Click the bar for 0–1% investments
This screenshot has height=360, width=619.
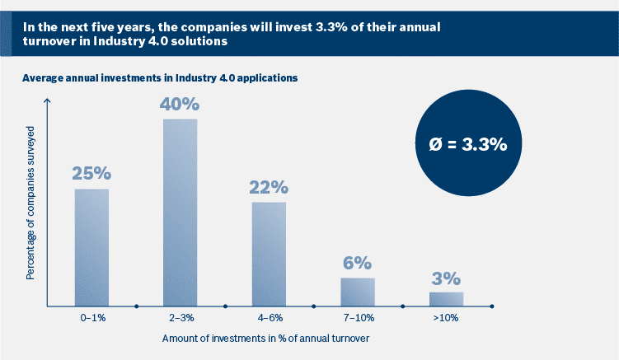pyautogui.click(x=91, y=247)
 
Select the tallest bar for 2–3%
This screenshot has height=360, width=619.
pyautogui.click(x=180, y=213)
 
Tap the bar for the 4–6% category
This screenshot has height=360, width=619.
pyautogui.click(x=269, y=254)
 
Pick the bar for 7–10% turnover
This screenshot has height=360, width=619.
pyautogui.click(x=357, y=292)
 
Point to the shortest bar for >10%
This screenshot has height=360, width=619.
pyautogui.click(x=446, y=299)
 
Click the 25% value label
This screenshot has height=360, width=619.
pyautogui.click(x=91, y=174)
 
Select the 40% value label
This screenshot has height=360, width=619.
pyautogui.click(x=180, y=105)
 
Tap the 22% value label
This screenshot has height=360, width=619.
pyautogui.click(x=269, y=187)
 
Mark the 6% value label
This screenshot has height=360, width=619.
pyautogui.click(x=357, y=263)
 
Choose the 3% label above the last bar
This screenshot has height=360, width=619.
pyautogui.click(x=446, y=278)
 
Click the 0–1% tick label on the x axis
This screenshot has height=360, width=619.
pyautogui.click(x=91, y=317)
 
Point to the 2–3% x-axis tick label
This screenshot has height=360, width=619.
pyautogui.click(x=180, y=317)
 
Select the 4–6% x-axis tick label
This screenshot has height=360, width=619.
pyautogui.click(x=269, y=317)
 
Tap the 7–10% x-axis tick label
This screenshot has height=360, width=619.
pyautogui.click(x=357, y=317)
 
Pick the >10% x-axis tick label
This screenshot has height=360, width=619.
pyautogui.click(x=446, y=317)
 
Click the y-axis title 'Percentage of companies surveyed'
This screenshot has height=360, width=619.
pyautogui.click(x=30, y=203)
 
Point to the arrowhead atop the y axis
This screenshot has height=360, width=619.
pyautogui.click(x=48, y=101)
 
